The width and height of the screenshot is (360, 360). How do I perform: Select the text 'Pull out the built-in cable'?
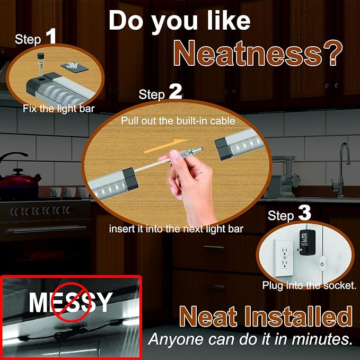tap(178, 121)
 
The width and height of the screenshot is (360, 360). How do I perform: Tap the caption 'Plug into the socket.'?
tap(309, 285)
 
